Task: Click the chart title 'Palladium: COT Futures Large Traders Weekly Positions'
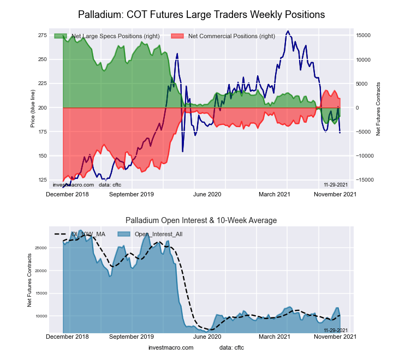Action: click(201, 14)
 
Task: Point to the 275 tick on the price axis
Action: click(42, 35)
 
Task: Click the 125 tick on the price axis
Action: click(42, 180)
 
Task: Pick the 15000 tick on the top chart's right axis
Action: click(364, 35)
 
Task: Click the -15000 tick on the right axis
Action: click(364, 180)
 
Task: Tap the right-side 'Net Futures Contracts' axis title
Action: click(378, 109)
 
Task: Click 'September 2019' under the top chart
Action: click(131, 194)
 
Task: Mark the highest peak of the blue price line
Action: click(288, 31)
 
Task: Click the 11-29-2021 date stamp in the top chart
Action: click(336, 184)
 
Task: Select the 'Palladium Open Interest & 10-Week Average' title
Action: click(201, 220)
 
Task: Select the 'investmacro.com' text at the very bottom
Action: click(171, 347)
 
